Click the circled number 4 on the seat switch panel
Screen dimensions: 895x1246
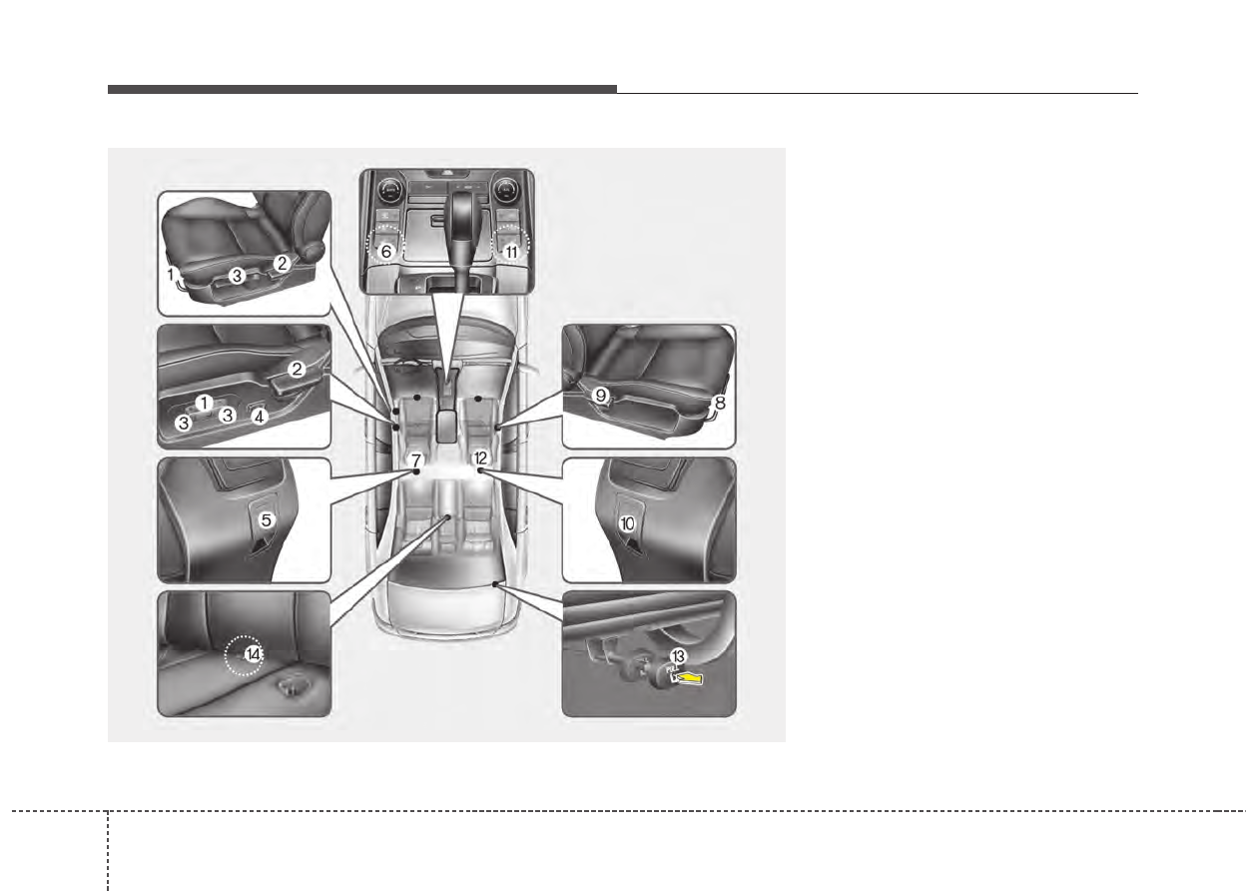(259, 417)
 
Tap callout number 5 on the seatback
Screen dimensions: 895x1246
(267, 519)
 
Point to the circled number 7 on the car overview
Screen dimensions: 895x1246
(416, 459)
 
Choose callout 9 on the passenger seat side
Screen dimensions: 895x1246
(600, 396)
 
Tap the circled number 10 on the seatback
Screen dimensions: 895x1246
(627, 522)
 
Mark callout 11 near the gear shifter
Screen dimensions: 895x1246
(511, 253)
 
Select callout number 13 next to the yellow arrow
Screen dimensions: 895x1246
(679, 655)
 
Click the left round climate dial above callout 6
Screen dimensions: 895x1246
(390, 188)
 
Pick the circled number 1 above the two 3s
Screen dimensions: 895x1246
(204, 403)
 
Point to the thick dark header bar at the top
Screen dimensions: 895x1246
(361, 90)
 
